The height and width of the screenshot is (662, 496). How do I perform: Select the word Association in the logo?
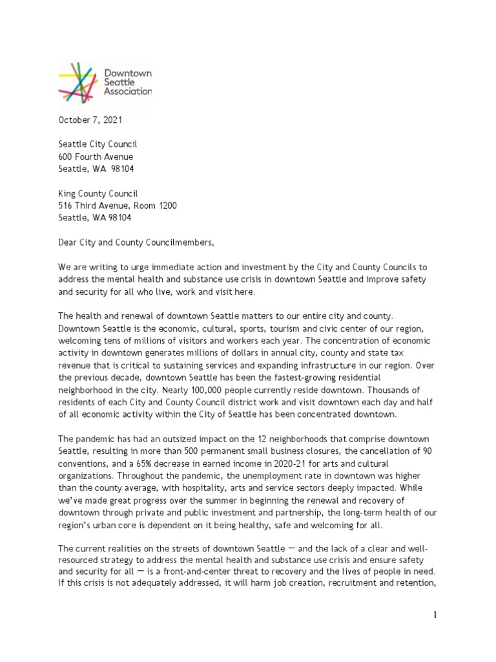(x=128, y=91)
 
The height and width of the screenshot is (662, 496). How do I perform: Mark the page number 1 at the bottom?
(x=435, y=615)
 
